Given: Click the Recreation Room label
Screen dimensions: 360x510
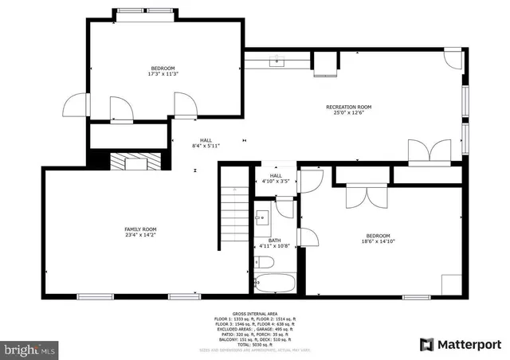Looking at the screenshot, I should point(348,107).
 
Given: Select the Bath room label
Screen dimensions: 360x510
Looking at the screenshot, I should point(274,240).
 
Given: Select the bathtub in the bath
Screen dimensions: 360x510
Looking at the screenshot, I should point(275,283).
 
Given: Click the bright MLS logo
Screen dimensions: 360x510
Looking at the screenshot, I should point(30,349).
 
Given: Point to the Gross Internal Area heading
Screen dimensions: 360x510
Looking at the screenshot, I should point(254,315).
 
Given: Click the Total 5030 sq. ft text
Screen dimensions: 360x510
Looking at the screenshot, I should point(254,343).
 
